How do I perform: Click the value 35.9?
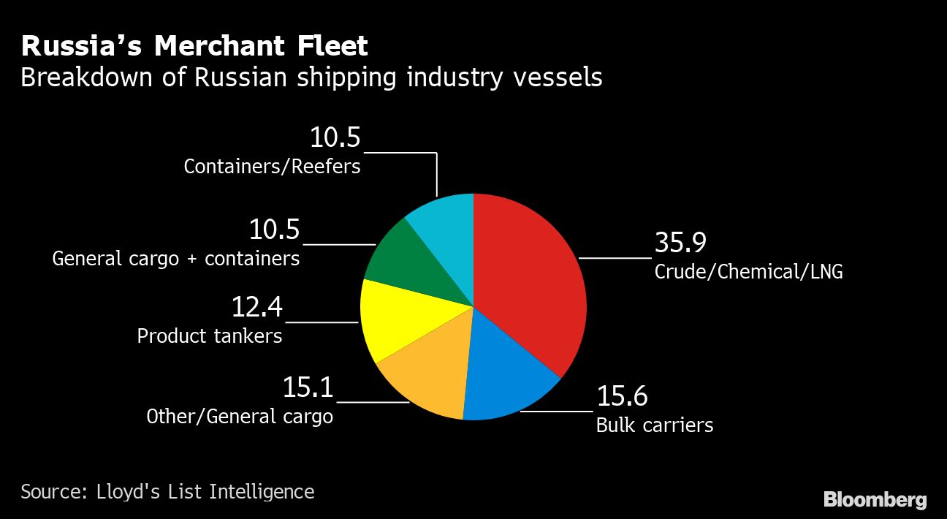coord(680,243)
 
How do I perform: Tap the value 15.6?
coord(622,396)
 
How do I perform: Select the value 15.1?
coord(308,387)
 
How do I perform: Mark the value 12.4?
coord(256,307)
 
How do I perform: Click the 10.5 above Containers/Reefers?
coord(335,137)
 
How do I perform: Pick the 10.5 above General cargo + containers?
coord(274,230)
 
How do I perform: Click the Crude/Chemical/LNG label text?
coord(748,272)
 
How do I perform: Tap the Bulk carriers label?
coord(655,425)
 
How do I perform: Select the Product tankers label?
coord(210,336)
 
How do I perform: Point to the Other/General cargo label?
coord(240,417)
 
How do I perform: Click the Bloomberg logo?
coord(875,500)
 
